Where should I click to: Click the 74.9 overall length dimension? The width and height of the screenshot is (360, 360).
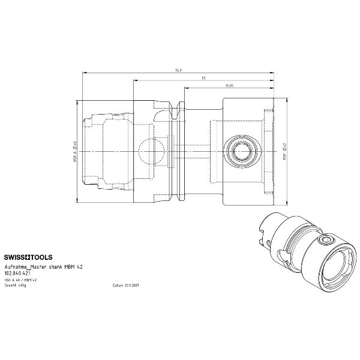(178, 71)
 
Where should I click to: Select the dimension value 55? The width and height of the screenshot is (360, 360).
(204, 78)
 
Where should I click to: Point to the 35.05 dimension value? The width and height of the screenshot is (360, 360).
(229, 86)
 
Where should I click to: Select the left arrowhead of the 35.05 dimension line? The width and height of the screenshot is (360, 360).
(186, 89)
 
